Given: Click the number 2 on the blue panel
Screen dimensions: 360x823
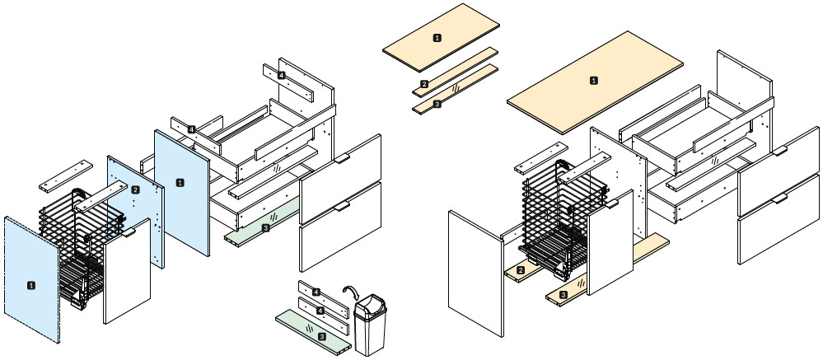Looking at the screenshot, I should point(134,189).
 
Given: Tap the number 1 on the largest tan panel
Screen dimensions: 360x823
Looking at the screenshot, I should point(594,81).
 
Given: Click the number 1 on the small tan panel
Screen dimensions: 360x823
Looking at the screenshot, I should point(437,37).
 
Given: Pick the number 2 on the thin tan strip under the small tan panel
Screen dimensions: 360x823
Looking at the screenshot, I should point(424,84).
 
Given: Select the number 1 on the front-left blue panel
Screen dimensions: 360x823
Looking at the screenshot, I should point(31,285).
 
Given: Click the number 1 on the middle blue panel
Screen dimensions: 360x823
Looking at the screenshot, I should point(180,180).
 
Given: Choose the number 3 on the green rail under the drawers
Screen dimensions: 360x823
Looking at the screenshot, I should point(265,227).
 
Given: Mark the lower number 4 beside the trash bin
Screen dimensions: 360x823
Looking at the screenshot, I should point(320,311).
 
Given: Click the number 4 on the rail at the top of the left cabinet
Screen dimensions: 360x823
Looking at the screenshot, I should point(282,75).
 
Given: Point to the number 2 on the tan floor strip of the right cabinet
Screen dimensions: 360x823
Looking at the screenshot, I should point(521,270).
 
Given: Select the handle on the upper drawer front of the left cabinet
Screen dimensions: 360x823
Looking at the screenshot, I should point(343,157).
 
